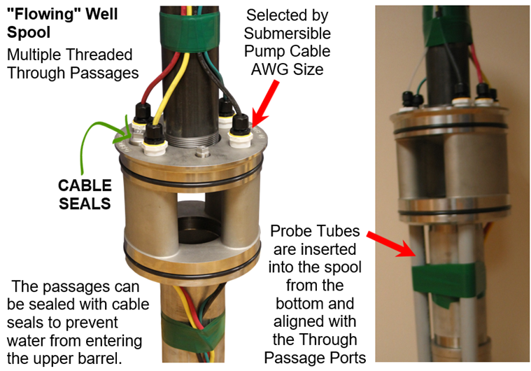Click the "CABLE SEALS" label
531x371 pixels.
(x=85, y=194)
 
